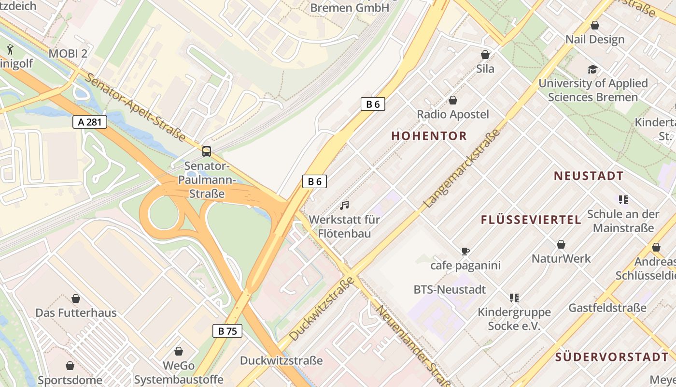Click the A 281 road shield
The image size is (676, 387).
(90, 121)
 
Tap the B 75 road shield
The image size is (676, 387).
(227, 331)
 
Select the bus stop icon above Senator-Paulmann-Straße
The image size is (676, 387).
(207, 151)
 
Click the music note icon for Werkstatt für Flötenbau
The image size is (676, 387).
(344, 205)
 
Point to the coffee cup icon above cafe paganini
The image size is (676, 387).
(465, 251)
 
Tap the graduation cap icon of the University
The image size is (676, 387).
(592, 69)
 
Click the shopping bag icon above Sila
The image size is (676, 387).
(485, 55)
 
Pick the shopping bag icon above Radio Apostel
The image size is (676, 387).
(453, 100)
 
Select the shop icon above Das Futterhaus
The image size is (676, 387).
(76, 298)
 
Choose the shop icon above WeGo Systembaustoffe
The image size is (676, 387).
(179, 351)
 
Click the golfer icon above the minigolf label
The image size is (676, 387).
(10, 49)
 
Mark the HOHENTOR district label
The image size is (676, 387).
(429, 136)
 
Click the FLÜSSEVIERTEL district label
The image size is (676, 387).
(531, 220)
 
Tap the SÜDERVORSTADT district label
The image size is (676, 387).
(612, 357)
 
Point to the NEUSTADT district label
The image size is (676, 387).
(589, 176)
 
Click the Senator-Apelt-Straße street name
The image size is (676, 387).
(136, 107)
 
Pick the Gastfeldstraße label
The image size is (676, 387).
(607, 308)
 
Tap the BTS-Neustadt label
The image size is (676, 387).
(450, 290)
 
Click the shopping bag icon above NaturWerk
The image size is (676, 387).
(561, 245)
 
